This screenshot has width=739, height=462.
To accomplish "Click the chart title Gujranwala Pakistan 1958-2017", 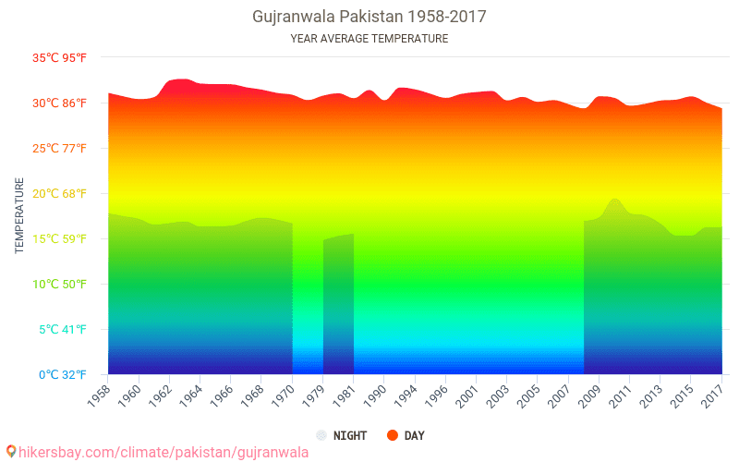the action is click(369, 17).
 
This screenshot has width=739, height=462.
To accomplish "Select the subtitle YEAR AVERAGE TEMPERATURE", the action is click(369, 39).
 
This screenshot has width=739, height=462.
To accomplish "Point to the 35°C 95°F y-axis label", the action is click(59, 58).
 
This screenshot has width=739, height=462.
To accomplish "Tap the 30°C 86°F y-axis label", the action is click(59, 103).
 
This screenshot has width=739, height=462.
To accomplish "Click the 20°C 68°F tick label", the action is click(59, 194).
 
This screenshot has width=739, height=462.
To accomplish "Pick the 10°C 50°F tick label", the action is click(59, 285).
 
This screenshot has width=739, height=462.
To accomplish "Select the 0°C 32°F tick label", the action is click(62, 375).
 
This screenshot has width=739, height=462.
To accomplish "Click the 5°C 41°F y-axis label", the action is click(62, 330).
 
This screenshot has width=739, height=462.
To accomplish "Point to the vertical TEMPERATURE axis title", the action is click(19, 215).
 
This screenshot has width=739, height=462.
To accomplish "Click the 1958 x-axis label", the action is click(100, 396).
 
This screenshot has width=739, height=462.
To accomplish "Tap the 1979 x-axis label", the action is click(314, 396).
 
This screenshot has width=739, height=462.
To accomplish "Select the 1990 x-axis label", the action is click(375, 396).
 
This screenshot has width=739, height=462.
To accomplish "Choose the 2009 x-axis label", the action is click(590, 396).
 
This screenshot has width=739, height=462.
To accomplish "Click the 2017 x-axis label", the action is click(712, 396).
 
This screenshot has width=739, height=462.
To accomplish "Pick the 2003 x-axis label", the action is click(498, 396).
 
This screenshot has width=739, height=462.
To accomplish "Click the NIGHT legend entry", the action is click(342, 435).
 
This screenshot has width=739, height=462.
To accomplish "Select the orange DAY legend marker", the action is click(392, 435).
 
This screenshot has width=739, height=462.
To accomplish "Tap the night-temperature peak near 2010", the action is click(614, 200).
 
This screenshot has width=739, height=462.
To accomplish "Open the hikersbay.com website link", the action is click(164, 453).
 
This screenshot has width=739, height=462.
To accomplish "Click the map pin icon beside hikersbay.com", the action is click(11, 452).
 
